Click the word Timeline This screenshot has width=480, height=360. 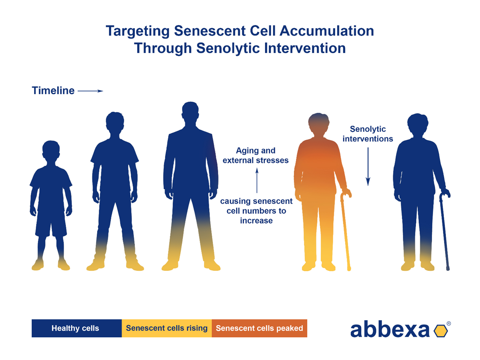click(53, 91)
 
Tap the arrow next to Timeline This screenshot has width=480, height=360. click(90, 91)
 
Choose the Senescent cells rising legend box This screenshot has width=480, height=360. click(167, 328)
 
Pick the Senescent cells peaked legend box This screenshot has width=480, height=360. click(259, 328)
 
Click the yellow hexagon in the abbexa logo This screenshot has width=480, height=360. click(441, 331)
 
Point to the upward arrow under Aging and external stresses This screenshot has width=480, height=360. click(257, 180)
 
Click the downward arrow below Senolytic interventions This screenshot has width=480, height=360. click(368, 166)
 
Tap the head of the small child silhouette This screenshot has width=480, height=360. click(51, 150)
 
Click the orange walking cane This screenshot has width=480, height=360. click(345, 230)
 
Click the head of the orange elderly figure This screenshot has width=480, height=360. click(318, 124)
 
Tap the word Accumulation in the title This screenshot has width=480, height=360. click(327, 31)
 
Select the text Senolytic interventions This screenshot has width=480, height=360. click(368, 134)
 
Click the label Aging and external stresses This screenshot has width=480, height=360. click(255, 155)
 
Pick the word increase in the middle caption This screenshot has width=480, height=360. click(256, 220)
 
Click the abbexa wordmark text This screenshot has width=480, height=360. click(390, 329)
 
